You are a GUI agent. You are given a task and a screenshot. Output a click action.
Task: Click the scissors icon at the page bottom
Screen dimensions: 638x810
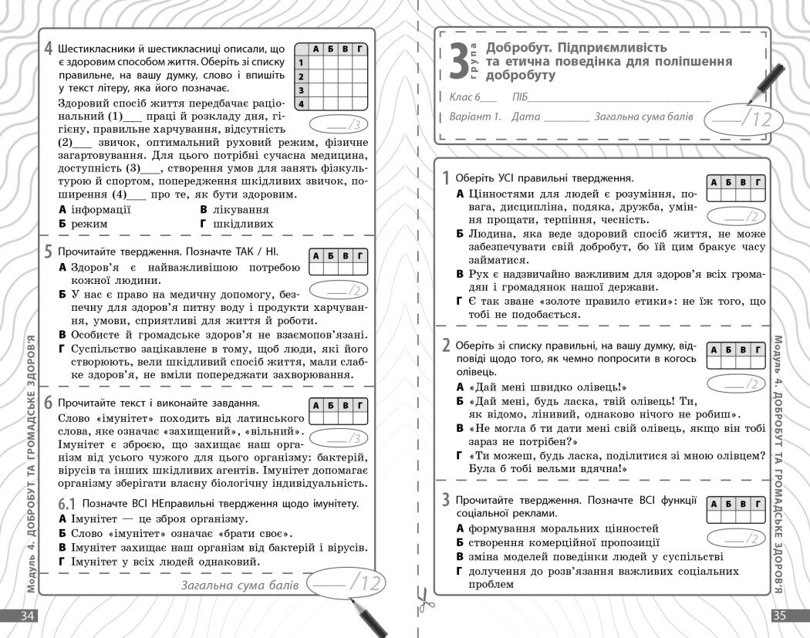pos(423,599)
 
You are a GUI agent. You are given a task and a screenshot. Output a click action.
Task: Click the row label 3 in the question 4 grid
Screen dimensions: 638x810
pos(302,89)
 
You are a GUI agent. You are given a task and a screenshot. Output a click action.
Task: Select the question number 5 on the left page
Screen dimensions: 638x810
pos(48,251)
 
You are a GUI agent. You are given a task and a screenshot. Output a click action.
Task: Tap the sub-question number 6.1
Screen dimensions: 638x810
pos(66,504)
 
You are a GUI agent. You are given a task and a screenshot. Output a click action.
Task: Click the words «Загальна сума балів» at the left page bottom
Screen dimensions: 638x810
pos(239,586)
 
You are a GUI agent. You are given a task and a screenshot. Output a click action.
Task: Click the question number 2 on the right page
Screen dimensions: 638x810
pos(446,344)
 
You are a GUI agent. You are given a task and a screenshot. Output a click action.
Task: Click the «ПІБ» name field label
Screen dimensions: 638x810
pos(518,98)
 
